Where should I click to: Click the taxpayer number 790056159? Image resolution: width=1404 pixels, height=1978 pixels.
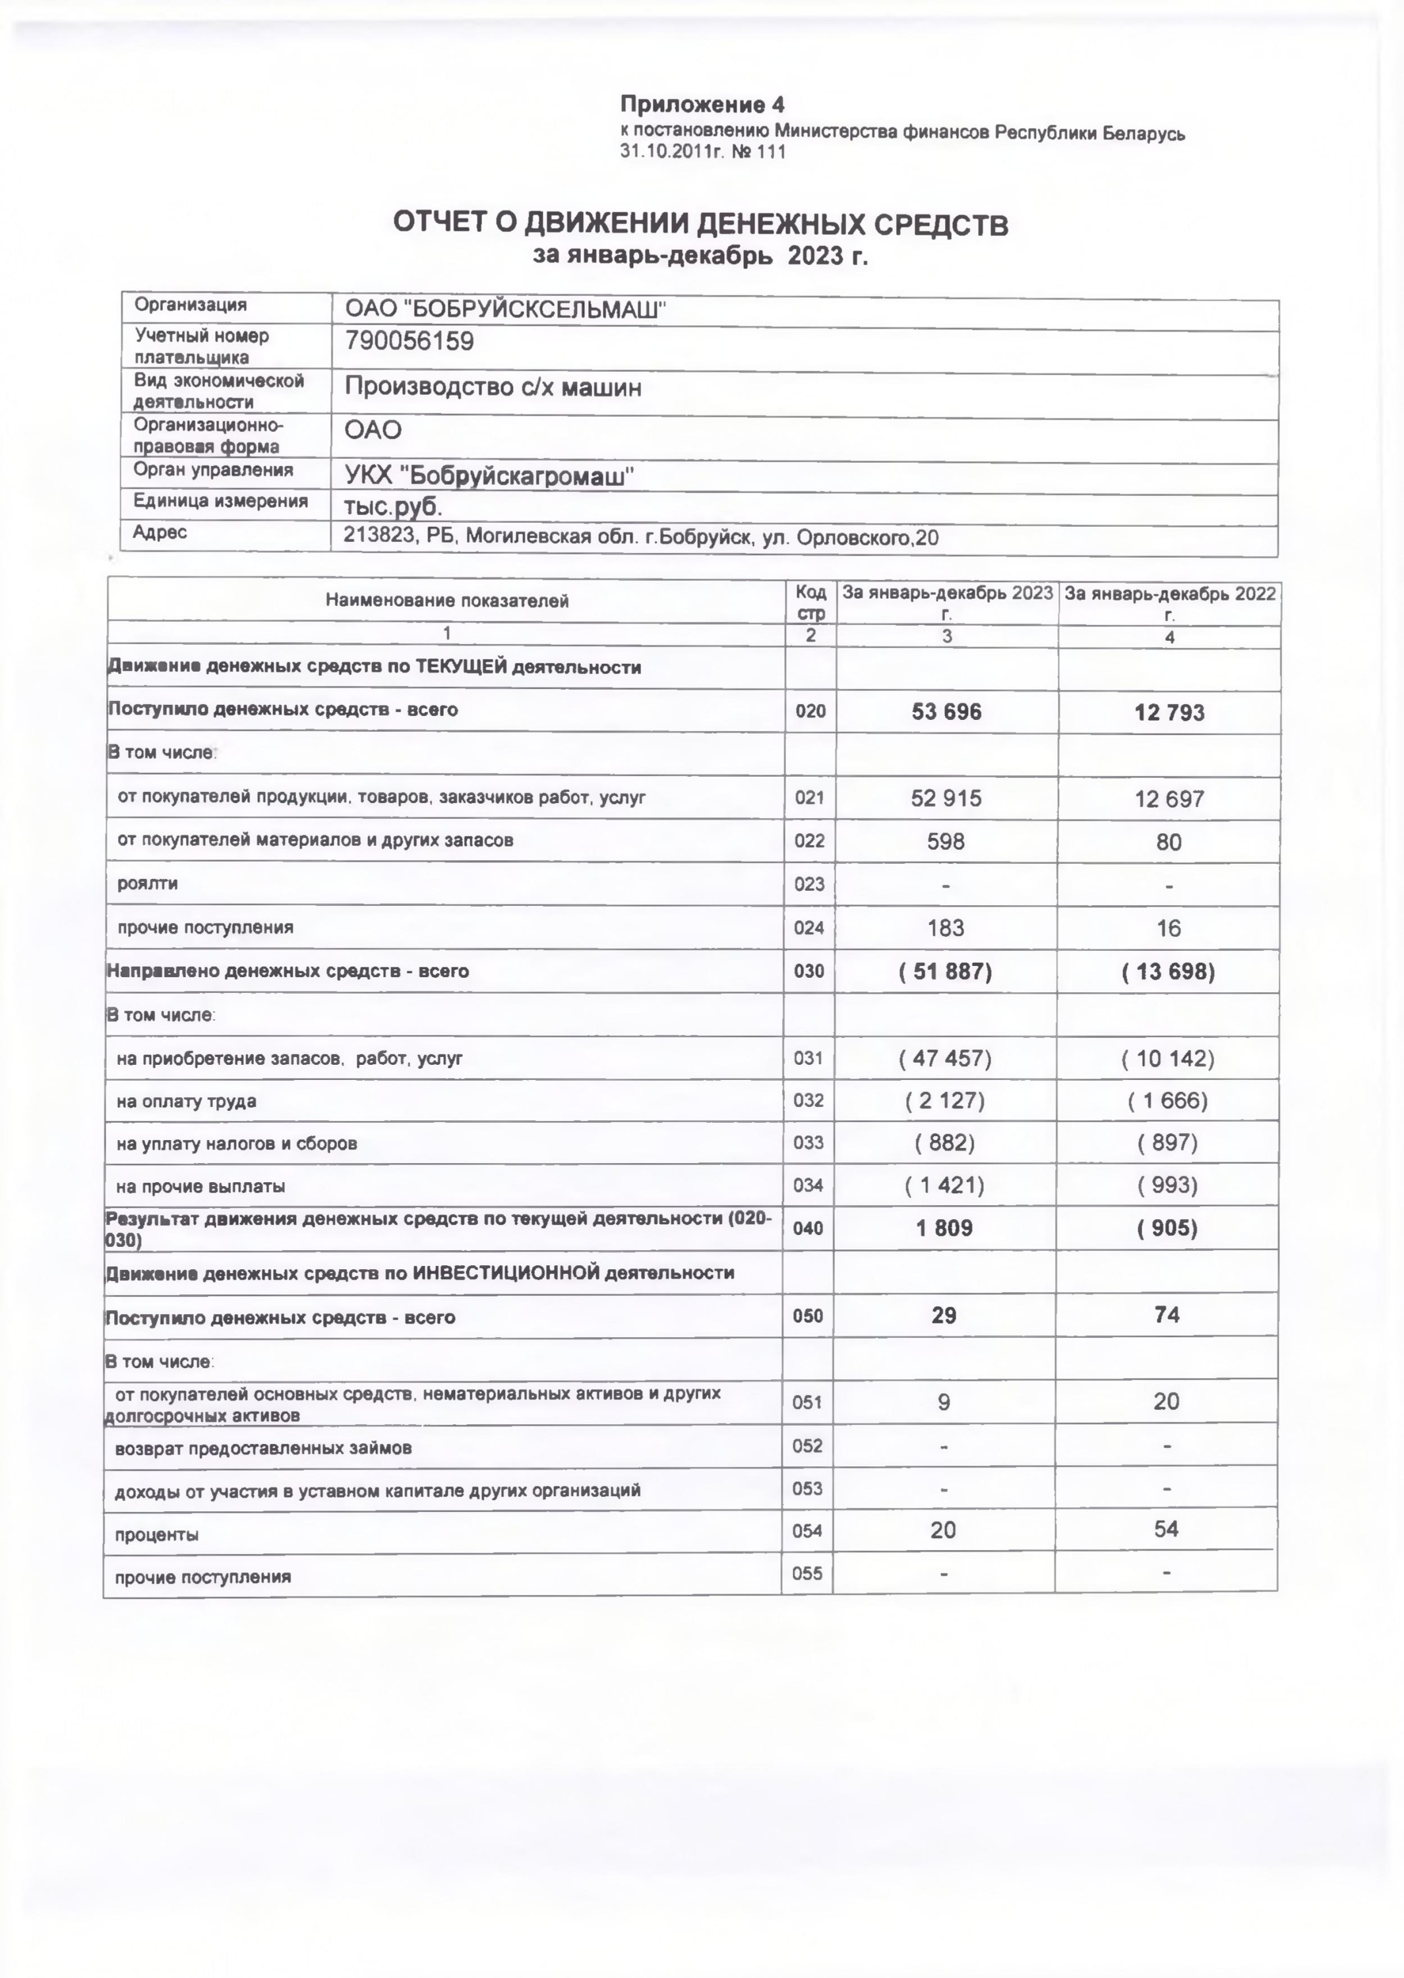coord(410,342)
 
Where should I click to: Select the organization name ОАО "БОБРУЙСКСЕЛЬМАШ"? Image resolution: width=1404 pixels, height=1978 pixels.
coord(506,309)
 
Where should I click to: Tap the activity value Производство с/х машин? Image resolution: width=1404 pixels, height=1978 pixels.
coord(493,387)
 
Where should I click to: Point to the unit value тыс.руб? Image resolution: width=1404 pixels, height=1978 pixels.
coord(393,506)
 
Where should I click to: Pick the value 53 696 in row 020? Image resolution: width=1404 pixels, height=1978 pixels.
coord(947,712)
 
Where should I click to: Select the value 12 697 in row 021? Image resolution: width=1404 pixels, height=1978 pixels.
coord(1169,799)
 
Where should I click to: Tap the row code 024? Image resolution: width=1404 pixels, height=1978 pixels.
coord(810,928)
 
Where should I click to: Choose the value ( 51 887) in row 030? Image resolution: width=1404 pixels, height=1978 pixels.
coord(946,972)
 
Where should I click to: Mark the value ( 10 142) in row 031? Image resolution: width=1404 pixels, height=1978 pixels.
coord(1168,1059)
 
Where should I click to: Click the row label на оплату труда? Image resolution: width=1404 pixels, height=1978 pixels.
coord(187,1102)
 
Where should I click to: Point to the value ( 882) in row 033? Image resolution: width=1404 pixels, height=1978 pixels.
coord(945,1143)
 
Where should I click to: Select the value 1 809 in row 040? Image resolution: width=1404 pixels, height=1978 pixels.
coord(945,1228)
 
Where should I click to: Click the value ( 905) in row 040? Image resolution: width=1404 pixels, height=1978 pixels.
coord(1167,1228)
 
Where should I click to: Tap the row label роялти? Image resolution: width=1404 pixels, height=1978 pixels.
coord(148,884)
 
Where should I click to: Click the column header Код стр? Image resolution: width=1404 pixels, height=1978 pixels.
coord(811,602)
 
